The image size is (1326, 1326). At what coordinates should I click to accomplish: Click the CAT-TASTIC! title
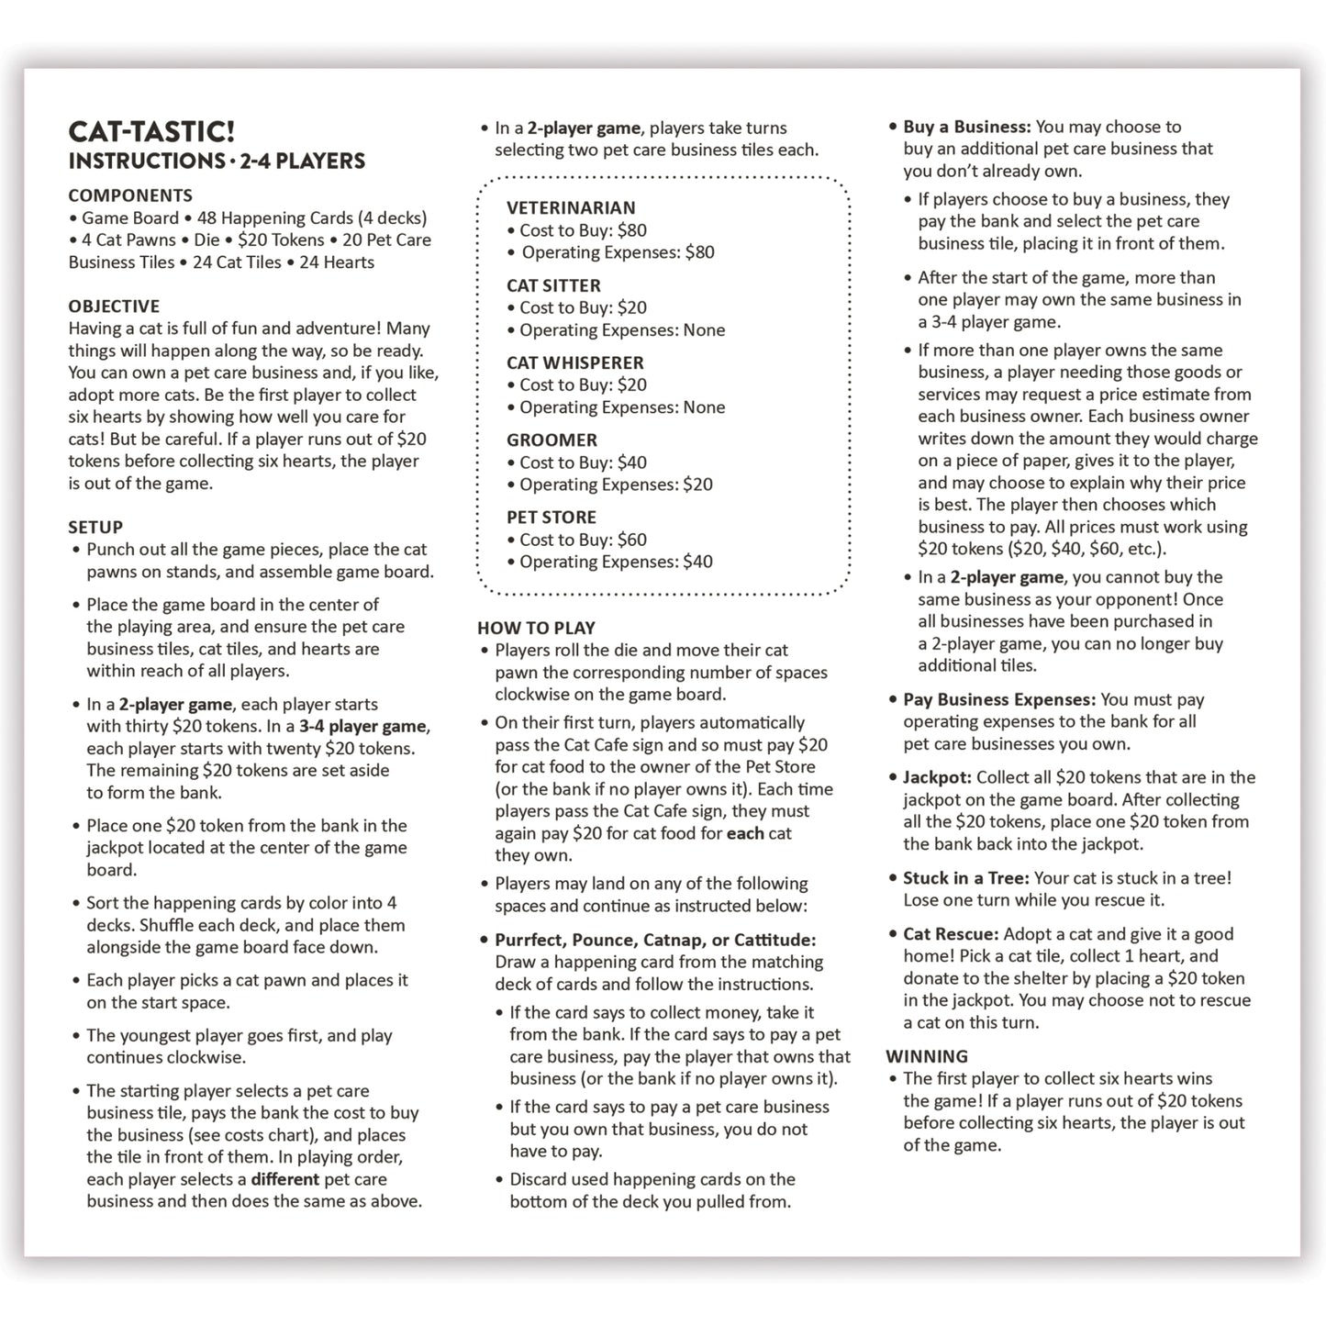pyautogui.click(x=151, y=131)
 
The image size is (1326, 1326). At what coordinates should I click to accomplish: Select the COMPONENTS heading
pyautogui.click(x=130, y=195)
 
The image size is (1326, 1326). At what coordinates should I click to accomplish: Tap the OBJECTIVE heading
pyautogui.click(x=114, y=306)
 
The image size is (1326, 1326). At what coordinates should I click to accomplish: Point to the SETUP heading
pyautogui.click(x=95, y=528)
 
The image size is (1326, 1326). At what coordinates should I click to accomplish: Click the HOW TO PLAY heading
pyautogui.click(x=536, y=629)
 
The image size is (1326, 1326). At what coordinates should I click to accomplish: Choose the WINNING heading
pyautogui.click(x=927, y=1056)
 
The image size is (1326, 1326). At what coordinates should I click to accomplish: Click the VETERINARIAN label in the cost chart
pyautogui.click(x=571, y=208)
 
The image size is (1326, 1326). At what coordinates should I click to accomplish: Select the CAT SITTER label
pyautogui.click(x=553, y=285)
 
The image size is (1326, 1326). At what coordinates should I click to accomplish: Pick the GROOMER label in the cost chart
pyautogui.click(x=552, y=440)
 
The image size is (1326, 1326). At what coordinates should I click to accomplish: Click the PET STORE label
pyautogui.click(x=552, y=518)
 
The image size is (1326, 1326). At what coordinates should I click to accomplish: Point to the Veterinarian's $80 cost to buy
pyautogui.click(x=632, y=230)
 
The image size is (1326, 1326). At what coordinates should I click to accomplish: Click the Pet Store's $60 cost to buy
pyautogui.click(x=632, y=540)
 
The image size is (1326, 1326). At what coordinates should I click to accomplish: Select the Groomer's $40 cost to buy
pyautogui.click(x=632, y=462)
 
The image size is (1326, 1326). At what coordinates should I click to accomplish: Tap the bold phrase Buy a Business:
pyautogui.click(x=967, y=127)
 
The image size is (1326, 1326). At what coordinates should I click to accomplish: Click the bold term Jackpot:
pyautogui.click(x=937, y=777)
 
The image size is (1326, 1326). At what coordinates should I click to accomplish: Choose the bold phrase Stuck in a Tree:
pyautogui.click(x=966, y=878)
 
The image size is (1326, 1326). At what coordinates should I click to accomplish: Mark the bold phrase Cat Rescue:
pyautogui.click(x=951, y=934)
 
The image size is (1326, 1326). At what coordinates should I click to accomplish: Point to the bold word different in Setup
pyautogui.click(x=285, y=1179)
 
